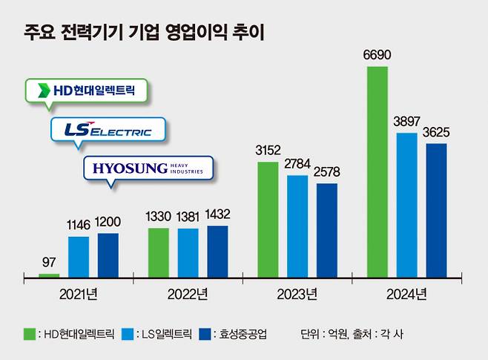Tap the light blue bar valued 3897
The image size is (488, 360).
(406, 205)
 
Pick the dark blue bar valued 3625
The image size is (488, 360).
(436, 211)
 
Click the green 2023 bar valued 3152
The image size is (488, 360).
(268, 220)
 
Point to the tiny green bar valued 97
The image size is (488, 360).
(49, 275)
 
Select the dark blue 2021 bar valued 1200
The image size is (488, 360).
(108, 255)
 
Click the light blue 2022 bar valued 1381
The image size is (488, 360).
(188, 253)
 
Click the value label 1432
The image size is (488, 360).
(217, 215)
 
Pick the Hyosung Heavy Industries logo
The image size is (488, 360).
(148, 168)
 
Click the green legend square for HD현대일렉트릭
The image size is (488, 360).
(30, 334)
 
